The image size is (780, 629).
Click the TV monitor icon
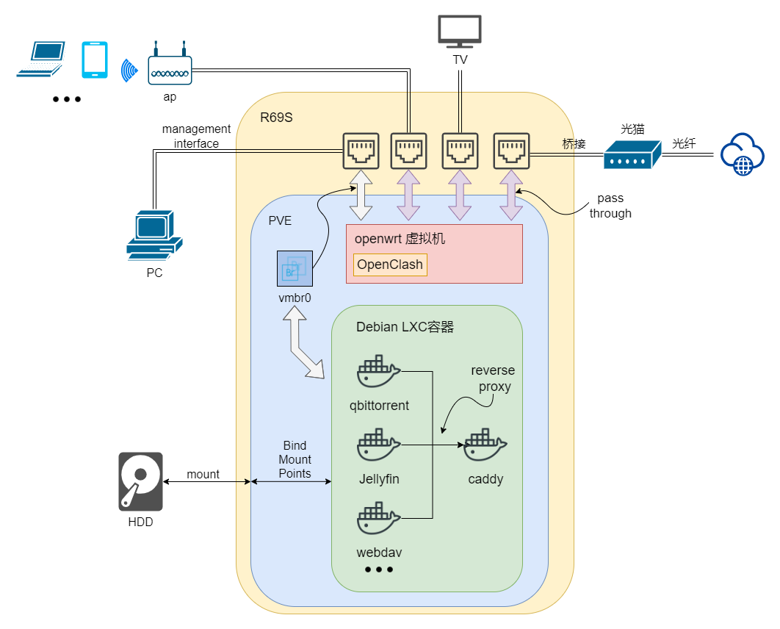coord(460,32)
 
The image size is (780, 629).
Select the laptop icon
coord(40,60)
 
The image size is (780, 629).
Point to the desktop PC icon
coord(154,235)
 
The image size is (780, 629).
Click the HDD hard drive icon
coord(140,482)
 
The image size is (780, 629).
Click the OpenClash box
coord(390,265)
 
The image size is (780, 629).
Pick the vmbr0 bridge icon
coord(295,268)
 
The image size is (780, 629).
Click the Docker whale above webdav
coord(378,519)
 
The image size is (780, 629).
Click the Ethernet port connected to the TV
coord(460,151)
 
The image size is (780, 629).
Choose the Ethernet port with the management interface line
coord(361,151)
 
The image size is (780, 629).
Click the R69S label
coord(277,117)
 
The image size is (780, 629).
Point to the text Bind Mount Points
coord(295,460)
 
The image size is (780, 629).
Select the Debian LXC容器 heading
coord(405,327)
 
